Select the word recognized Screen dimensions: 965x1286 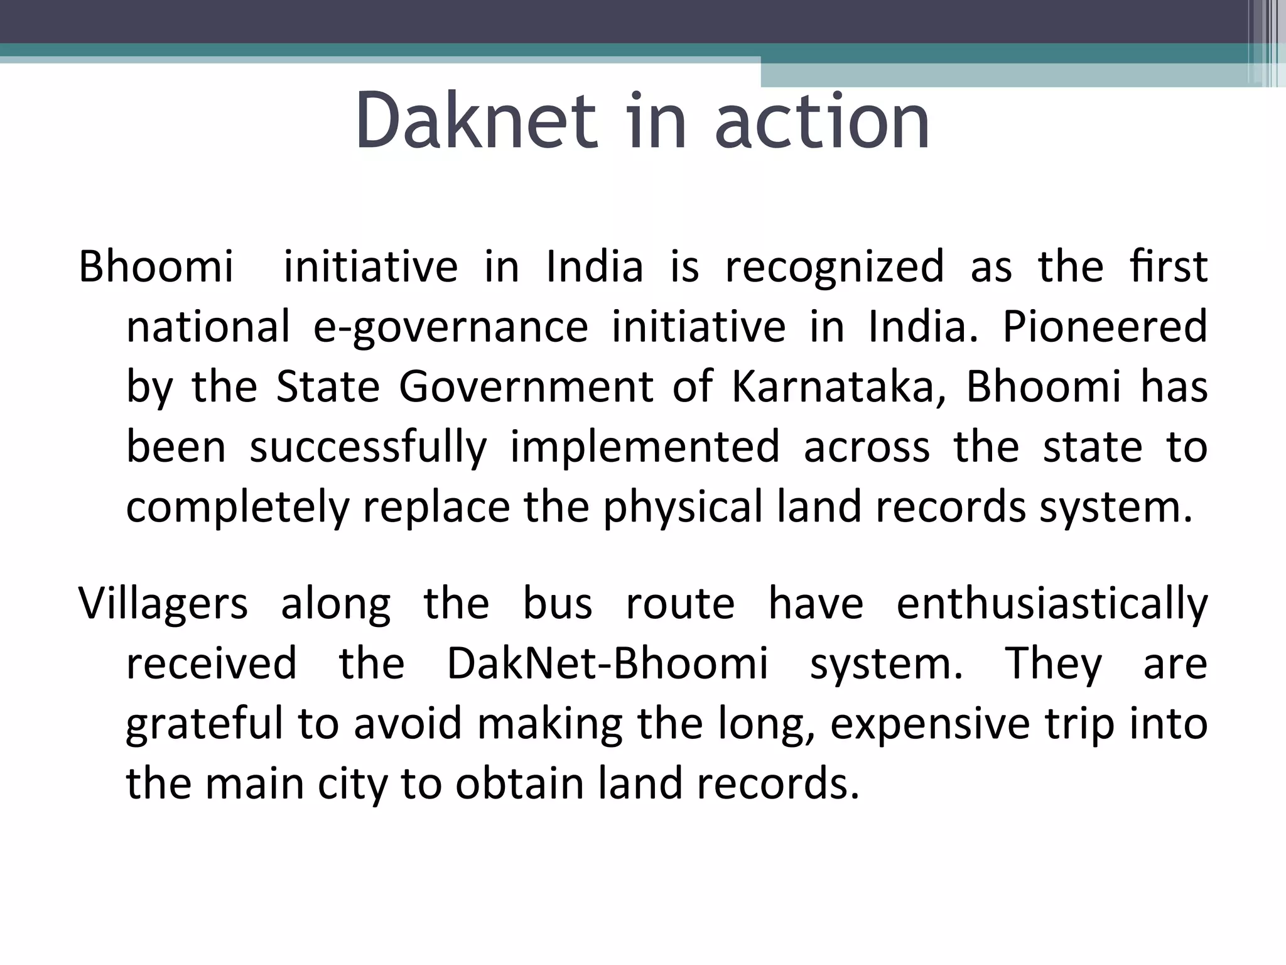[x=835, y=267]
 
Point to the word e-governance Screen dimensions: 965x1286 [x=450, y=327]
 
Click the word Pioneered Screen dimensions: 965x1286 [x=1105, y=327]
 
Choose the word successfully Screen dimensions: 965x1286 [x=368, y=447]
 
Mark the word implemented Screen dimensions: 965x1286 [x=645, y=447]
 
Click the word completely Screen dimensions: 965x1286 [x=237, y=508]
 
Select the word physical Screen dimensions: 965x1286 [x=683, y=508]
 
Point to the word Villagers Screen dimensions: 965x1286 [x=163, y=604]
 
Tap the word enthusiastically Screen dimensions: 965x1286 [x=1052, y=604]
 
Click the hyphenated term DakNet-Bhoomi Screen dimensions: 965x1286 [x=607, y=664]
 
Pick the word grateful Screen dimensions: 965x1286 [x=205, y=724]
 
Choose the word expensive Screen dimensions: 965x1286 [x=930, y=724]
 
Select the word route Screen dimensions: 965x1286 [x=680, y=604]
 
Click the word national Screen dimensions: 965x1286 [x=208, y=327]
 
